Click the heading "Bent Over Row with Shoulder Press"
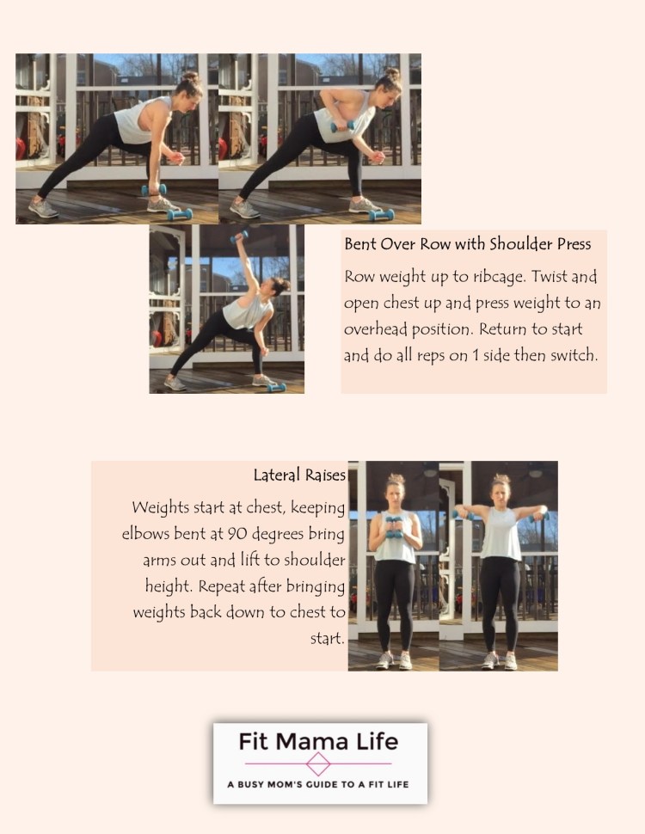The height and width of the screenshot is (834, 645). click(467, 244)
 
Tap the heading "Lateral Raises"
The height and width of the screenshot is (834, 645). click(299, 475)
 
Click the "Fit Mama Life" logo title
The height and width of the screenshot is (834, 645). click(319, 741)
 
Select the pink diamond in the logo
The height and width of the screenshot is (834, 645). click(319, 763)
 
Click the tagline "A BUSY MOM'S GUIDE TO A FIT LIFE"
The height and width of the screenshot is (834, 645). click(319, 785)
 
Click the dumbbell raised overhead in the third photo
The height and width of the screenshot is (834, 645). click(240, 234)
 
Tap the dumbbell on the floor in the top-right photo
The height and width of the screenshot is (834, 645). click(381, 214)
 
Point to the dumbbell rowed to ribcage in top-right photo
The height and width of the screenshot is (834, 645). click(342, 126)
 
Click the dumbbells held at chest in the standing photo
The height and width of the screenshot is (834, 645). click(394, 525)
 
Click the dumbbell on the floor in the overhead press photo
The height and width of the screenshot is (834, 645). click(275, 387)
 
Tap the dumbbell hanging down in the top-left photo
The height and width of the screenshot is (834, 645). click(155, 190)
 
